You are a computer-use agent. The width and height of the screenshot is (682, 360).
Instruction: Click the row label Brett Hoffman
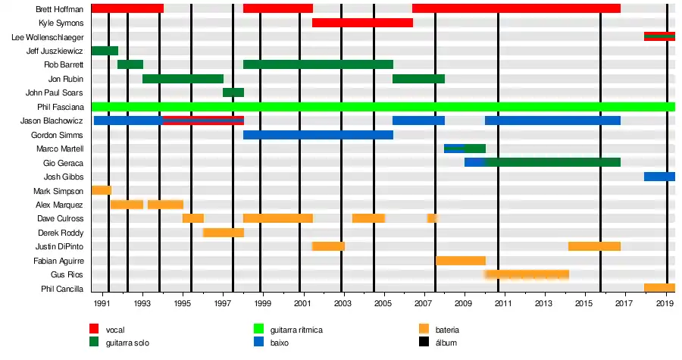59,9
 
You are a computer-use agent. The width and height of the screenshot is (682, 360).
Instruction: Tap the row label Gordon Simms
63,135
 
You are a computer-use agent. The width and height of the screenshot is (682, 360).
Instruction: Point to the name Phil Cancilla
62,289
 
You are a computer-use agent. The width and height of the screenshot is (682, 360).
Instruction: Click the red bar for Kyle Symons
362,23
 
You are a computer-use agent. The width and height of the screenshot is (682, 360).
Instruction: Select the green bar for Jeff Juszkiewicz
105,51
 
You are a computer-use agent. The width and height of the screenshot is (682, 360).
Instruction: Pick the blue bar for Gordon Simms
318,135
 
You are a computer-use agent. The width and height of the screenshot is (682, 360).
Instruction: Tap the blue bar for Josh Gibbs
659,177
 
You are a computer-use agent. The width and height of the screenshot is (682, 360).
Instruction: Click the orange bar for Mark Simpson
101,190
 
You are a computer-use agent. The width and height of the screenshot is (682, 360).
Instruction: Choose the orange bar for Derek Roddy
224,233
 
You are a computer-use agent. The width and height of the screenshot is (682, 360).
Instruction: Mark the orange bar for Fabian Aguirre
461,261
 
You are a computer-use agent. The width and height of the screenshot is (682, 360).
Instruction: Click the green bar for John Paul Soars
233,92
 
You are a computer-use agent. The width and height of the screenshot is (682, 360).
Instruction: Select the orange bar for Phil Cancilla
659,288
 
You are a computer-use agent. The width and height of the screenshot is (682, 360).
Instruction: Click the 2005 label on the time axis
383,304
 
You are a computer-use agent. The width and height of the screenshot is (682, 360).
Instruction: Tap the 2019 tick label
665,304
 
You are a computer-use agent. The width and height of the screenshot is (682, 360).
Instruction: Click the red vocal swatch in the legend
94,330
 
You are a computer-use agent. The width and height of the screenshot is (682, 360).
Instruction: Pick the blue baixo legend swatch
258,343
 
